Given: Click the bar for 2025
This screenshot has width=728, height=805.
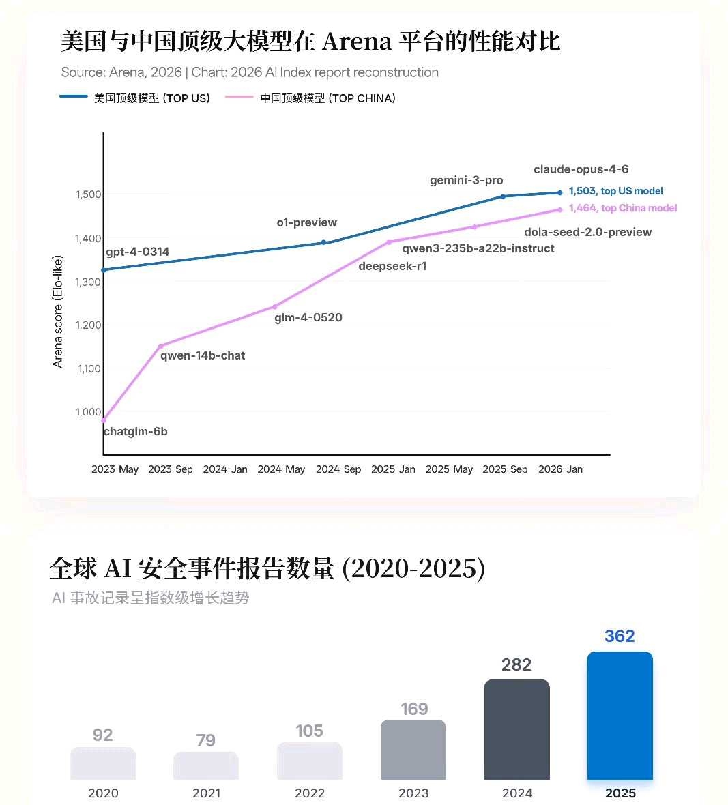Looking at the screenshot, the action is (x=620, y=716).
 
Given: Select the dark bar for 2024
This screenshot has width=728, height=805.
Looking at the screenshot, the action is (x=517, y=729).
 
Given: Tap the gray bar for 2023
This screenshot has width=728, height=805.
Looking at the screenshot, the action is (x=413, y=750).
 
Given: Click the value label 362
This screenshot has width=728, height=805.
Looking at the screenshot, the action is (x=620, y=636).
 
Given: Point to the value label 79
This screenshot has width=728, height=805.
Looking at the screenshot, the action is (x=205, y=740).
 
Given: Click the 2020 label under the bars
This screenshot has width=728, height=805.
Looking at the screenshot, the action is (x=103, y=793).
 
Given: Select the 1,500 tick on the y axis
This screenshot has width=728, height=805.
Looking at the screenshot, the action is (x=88, y=194).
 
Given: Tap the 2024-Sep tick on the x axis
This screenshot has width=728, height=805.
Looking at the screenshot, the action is (x=338, y=469).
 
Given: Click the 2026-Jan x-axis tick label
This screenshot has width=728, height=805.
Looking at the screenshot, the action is (x=561, y=469).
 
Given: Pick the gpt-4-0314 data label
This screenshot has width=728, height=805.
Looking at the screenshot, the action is (x=138, y=252).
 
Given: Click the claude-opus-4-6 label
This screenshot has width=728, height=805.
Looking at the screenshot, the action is (x=581, y=169).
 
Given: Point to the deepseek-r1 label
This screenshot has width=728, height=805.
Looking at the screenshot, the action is (x=392, y=266).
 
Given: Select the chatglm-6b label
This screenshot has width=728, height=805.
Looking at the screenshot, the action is (x=136, y=431).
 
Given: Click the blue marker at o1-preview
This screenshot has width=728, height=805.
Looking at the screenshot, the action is (x=323, y=242).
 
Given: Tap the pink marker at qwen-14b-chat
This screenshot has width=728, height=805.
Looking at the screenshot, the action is (x=161, y=346).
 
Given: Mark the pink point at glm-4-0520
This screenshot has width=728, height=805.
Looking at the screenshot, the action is (x=275, y=307).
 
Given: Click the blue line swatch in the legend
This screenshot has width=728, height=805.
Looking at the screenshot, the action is (x=74, y=96).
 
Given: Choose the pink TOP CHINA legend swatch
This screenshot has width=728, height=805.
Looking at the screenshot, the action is (x=239, y=96).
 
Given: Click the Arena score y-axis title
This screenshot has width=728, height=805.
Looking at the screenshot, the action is (x=57, y=312).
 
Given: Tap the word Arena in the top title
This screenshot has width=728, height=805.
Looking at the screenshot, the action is (x=358, y=41).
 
